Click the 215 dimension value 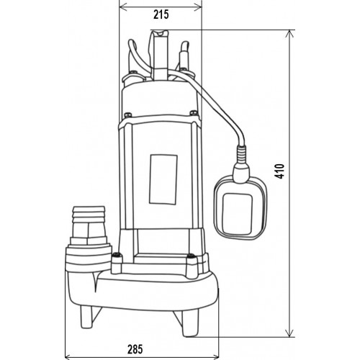coord(161,15)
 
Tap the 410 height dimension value coord(279,171)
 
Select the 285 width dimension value coord(135,349)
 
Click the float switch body coord(240,207)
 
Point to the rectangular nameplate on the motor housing coord(163,179)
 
